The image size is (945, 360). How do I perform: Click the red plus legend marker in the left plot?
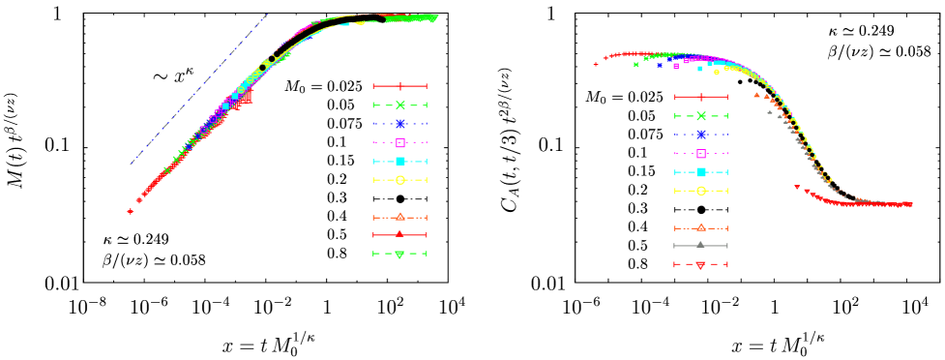click(x=400, y=86)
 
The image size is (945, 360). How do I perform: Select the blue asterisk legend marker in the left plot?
click(x=400, y=124)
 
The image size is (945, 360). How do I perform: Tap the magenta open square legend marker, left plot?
click(x=400, y=142)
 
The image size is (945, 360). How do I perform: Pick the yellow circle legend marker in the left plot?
click(x=400, y=180)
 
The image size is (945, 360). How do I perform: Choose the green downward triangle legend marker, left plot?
click(x=400, y=255)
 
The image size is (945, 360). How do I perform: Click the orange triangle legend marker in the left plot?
click(x=400, y=217)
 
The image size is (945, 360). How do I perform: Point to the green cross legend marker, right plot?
click(x=700, y=116)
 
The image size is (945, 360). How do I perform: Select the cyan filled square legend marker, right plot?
click(x=700, y=172)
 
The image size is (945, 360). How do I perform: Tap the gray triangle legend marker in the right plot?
click(x=700, y=245)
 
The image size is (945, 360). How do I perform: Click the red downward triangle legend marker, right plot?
click(x=700, y=265)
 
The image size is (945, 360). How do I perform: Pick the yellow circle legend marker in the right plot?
click(x=700, y=191)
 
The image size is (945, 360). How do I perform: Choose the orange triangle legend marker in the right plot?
click(x=700, y=227)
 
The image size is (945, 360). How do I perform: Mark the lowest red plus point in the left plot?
click(x=130, y=211)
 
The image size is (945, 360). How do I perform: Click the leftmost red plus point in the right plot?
click(x=596, y=65)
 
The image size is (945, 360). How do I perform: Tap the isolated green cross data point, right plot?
click(x=635, y=65)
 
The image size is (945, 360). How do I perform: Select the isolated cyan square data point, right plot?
click(x=699, y=69)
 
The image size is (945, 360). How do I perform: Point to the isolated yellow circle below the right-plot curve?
click(x=716, y=73)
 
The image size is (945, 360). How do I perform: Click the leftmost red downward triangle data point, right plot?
click(x=796, y=187)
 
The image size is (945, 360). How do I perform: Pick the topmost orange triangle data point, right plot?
click(x=756, y=94)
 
